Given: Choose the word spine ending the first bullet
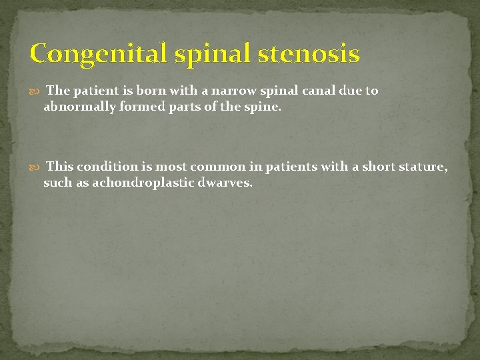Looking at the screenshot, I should pyautogui.click(x=265, y=107).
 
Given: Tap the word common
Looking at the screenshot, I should pyautogui.click(x=217, y=167).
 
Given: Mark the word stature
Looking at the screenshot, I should pyautogui.click(x=423, y=167).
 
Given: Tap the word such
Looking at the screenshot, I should pyautogui.click(x=57, y=183).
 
